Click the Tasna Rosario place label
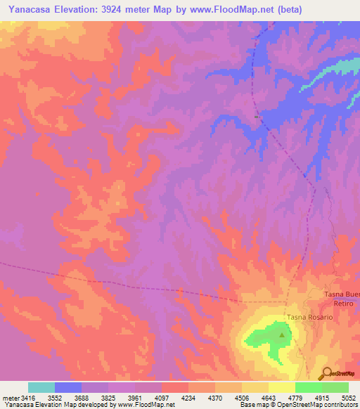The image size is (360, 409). [x=309, y=317]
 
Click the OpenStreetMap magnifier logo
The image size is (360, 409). [x=326, y=373]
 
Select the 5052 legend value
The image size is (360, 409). [x=348, y=397]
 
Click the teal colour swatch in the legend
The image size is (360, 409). [x=41, y=387]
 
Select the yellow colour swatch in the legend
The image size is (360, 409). [x=281, y=387]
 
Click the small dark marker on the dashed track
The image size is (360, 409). [x=257, y=112]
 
